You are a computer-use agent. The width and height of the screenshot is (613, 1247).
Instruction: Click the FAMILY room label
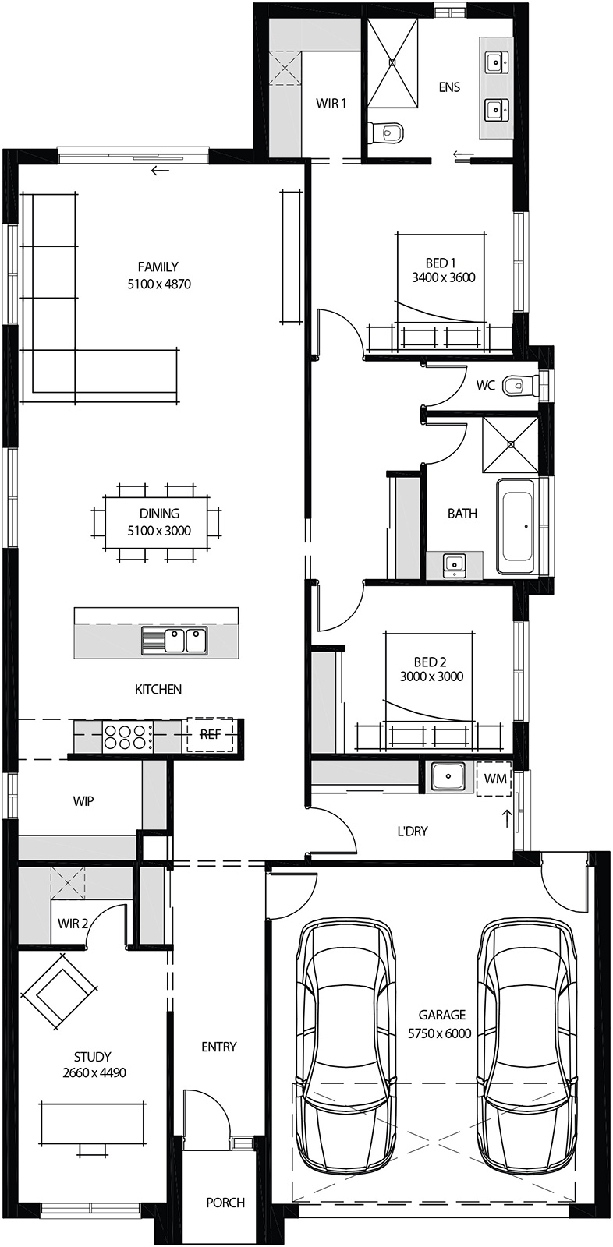tap(158, 267)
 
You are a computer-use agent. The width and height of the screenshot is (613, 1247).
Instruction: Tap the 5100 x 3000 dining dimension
tap(159, 531)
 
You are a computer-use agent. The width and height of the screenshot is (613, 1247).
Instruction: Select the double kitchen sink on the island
tap(174, 640)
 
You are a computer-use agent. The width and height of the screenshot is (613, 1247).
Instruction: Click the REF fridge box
tap(210, 734)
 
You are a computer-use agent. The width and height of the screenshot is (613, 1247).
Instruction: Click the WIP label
tap(83, 801)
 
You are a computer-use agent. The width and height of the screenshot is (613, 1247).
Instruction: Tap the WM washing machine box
tap(495, 778)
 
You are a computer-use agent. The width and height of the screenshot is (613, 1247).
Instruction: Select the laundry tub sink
tap(448, 776)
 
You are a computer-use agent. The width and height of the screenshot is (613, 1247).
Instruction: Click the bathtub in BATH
tap(519, 525)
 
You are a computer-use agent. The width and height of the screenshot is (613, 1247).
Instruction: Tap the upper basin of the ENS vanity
tap(495, 62)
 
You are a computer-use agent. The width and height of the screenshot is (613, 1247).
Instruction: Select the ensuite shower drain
tap(394, 62)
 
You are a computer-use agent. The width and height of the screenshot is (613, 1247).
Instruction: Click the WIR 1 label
tap(331, 104)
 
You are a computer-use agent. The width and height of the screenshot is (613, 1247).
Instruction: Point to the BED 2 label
tap(431, 662)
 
